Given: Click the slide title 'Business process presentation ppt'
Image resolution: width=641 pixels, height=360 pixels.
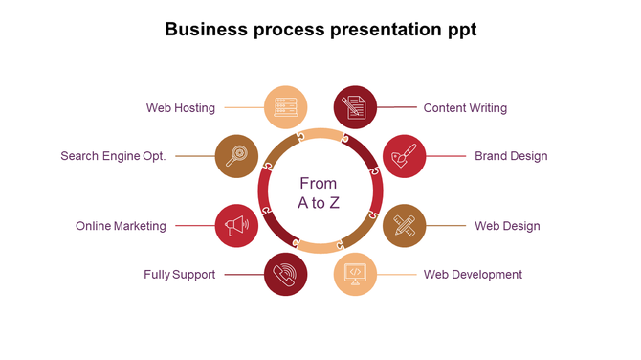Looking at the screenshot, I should (320, 30).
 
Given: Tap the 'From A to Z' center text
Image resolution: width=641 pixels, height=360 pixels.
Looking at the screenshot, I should (319, 192).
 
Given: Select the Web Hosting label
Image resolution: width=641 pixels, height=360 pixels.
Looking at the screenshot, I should (181, 108).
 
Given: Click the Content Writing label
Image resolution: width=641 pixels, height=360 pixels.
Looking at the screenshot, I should (465, 108).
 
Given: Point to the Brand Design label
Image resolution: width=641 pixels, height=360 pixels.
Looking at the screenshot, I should (511, 156).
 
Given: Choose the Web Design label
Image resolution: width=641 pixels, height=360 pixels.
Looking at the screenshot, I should (507, 227).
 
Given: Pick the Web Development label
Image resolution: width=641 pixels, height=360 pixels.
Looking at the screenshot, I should (473, 275).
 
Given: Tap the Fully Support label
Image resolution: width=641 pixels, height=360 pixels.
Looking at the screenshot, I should (180, 275).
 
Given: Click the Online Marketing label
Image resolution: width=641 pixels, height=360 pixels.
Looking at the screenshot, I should (121, 227).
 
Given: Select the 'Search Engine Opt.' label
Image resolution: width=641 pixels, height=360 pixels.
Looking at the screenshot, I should (113, 156).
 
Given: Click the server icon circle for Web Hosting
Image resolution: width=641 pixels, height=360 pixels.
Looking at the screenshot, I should (285, 107).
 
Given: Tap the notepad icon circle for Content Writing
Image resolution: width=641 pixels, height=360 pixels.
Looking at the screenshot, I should (355, 107).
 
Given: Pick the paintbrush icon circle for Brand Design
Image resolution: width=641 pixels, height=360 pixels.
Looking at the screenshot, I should (404, 155).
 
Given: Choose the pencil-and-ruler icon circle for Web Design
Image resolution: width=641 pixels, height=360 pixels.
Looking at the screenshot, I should (404, 226).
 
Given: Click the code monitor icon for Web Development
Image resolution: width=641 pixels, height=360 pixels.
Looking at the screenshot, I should (355, 274).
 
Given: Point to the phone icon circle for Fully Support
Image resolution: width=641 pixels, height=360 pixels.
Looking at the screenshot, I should (285, 274).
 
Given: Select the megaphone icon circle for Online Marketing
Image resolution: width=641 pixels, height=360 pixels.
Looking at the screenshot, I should (235, 226).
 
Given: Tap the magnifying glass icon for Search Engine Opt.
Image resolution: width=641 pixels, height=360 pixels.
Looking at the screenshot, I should (235, 155).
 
